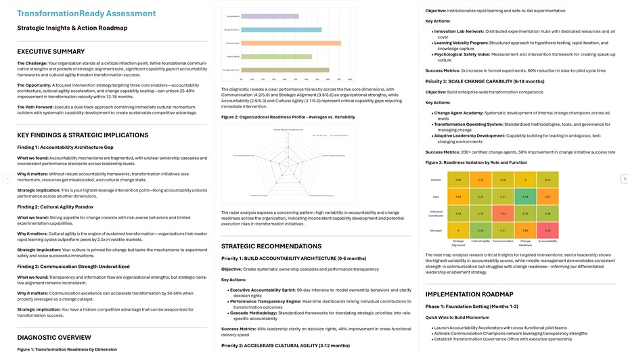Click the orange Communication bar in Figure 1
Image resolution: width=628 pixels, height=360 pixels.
[x=291, y=43]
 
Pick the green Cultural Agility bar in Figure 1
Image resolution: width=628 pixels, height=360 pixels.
[x=277, y=57]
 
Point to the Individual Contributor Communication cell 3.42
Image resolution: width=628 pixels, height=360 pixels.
[x=501, y=214]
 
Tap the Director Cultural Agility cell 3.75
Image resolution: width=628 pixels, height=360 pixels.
[x=480, y=179]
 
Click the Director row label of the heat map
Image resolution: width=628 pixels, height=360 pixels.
[x=436, y=179]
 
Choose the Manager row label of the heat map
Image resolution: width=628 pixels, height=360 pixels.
[x=436, y=231]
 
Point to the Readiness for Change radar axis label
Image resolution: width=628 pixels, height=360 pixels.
[x=259, y=195]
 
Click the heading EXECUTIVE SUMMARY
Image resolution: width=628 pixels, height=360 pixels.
[x=51, y=52]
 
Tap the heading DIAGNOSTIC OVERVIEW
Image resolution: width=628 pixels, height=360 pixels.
[x=53, y=337]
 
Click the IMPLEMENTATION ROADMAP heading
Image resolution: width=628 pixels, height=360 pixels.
[x=469, y=294]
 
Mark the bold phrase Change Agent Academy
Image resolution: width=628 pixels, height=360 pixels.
[x=459, y=112]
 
